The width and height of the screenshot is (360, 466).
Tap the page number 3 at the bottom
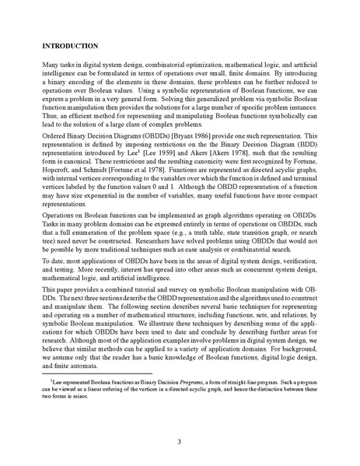(180, 442)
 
